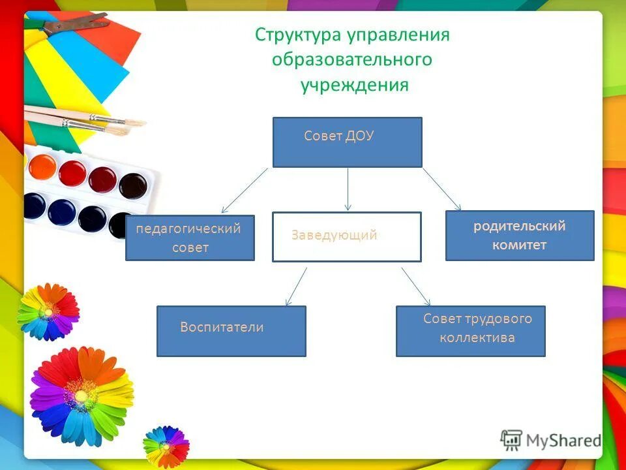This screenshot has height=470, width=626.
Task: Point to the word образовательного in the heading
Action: click(x=352, y=60)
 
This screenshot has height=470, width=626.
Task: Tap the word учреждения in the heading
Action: click(x=355, y=86)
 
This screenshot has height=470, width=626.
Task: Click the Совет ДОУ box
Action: click(x=347, y=142)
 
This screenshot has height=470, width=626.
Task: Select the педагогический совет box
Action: click(x=190, y=238)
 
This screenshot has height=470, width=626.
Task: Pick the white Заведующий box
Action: click(x=346, y=236)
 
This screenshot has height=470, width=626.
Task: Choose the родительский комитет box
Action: click(x=520, y=236)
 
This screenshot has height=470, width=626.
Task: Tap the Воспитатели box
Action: click(x=231, y=331)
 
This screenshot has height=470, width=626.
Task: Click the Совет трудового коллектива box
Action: click(x=470, y=331)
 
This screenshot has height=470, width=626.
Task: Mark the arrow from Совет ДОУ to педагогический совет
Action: click(x=245, y=191)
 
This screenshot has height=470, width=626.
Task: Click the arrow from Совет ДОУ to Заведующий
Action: click(x=348, y=189)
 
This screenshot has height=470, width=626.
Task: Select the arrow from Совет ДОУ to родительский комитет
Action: click(x=442, y=189)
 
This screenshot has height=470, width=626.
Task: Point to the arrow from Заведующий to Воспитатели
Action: click(x=297, y=286)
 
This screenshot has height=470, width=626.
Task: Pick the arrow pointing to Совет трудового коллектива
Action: click(x=416, y=286)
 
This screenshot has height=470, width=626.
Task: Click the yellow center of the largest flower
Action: click(x=81, y=394)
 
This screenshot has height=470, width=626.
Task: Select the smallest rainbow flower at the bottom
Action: click(x=165, y=446)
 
